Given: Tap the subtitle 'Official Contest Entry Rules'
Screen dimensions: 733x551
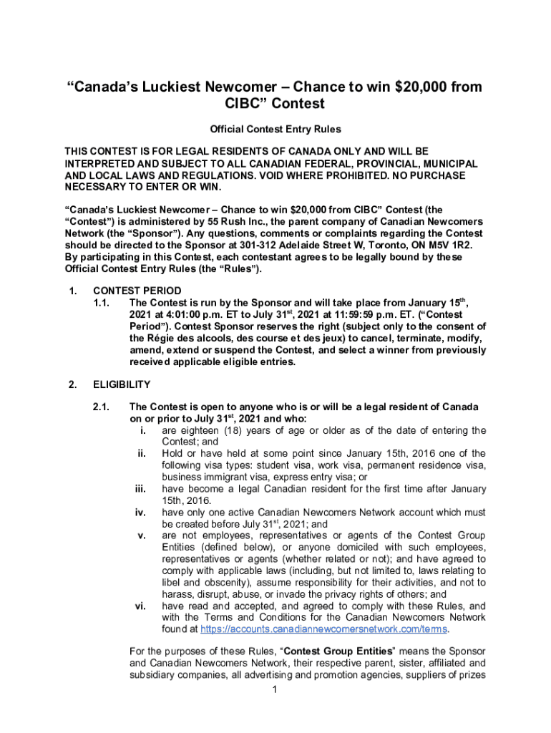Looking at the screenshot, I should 275,130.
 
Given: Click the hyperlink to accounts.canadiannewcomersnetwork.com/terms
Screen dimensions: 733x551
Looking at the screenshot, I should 323,629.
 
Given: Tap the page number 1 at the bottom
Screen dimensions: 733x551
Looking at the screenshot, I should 275,690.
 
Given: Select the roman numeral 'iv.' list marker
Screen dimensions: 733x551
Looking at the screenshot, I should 141,513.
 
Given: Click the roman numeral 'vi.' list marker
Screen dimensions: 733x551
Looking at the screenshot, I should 141,606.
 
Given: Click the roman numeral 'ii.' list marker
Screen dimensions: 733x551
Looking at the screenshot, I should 142,454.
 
